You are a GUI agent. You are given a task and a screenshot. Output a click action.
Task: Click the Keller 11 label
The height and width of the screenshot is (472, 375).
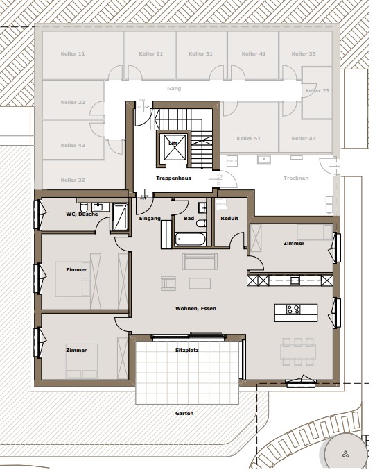73,53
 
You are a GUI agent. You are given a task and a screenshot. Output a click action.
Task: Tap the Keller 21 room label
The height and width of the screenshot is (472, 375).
150,53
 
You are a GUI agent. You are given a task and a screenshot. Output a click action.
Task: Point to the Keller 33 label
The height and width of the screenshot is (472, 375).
304,53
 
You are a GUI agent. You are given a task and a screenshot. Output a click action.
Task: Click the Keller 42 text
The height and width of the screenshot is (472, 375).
73,145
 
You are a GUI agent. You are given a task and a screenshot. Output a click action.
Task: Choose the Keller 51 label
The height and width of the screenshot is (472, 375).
248,139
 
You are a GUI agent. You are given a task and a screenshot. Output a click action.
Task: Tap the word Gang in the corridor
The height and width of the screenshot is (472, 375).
173,89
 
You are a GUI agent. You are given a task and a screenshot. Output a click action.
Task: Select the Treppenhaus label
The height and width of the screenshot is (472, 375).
173,178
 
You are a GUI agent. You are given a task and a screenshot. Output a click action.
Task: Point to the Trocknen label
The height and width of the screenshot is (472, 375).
296,178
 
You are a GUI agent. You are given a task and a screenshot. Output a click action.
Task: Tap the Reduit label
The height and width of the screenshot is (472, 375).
229,218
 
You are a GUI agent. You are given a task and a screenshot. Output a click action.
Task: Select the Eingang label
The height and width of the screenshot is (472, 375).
150,218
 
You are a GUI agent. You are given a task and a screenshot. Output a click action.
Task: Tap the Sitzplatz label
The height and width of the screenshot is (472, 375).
187,351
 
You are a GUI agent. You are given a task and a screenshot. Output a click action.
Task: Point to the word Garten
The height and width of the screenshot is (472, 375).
184,413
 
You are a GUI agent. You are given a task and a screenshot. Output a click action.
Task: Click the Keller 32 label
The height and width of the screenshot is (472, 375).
73,180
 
